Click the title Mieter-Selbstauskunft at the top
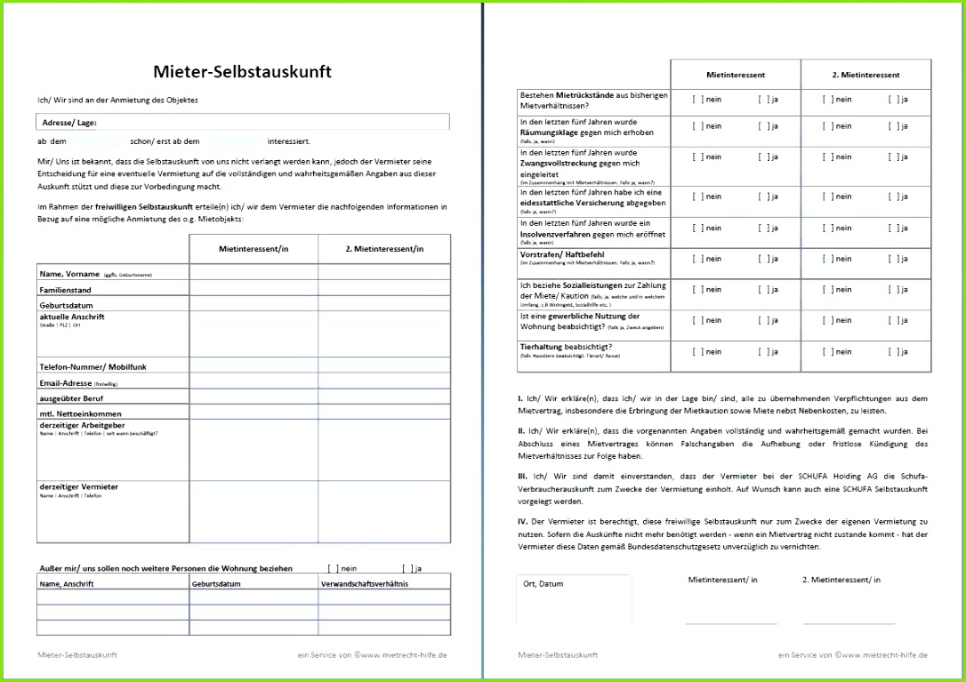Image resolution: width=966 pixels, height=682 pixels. (x=243, y=71)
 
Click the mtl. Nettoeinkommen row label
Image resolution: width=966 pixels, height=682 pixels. (x=80, y=413)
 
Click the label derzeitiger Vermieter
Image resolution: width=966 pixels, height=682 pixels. (x=78, y=486)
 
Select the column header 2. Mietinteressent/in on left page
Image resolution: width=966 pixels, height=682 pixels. (x=384, y=249)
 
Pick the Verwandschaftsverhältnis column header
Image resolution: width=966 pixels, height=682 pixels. (x=364, y=584)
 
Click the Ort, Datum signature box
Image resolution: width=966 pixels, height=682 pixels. (x=574, y=600)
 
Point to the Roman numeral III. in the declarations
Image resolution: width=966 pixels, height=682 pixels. (x=523, y=476)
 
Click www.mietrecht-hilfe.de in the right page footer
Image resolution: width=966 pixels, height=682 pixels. (x=885, y=654)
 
